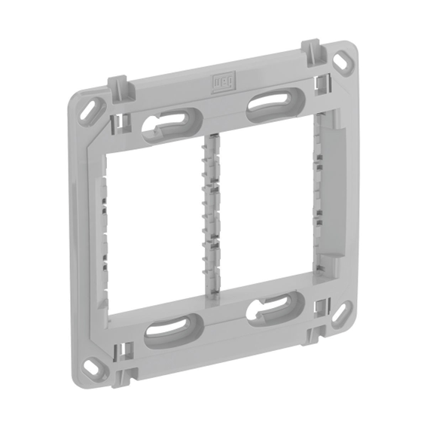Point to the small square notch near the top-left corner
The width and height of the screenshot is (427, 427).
point(117,120)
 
